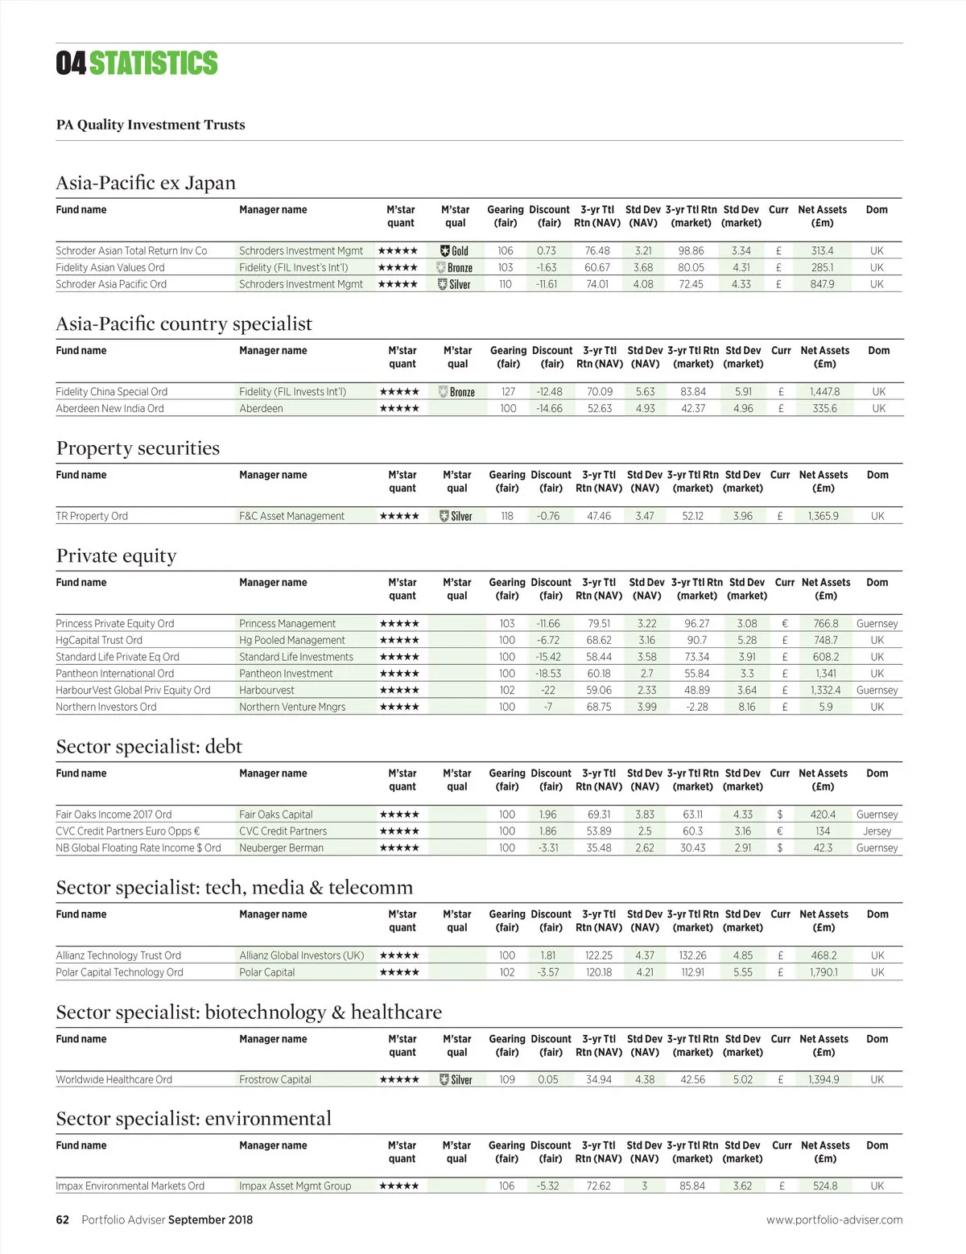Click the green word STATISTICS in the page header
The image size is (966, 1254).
(153, 63)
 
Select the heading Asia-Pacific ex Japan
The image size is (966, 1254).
(146, 183)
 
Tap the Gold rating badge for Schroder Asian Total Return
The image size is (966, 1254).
(455, 251)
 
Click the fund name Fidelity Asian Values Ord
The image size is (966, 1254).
(110, 267)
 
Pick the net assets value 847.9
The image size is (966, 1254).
(822, 284)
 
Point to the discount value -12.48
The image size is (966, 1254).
(549, 392)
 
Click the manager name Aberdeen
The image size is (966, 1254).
(261, 408)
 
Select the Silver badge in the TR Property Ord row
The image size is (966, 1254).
(456, 516)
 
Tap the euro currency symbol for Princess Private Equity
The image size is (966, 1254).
(784, 623)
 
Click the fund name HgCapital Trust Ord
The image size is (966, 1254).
(99, 640)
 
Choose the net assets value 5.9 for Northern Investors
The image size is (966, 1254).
(825, 707)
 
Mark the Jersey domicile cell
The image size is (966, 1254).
(877, 831)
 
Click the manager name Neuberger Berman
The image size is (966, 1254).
(281, 848)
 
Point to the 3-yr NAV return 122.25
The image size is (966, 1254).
(598, 955)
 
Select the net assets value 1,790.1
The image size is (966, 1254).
(824, 972)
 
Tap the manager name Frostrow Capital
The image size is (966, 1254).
(275, 1079)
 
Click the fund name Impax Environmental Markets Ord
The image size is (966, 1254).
(130, 1186)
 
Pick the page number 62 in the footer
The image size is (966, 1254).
(63, 1219)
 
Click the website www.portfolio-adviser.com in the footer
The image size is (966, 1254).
(834, 1219)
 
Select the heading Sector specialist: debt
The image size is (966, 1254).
(149, 746)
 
